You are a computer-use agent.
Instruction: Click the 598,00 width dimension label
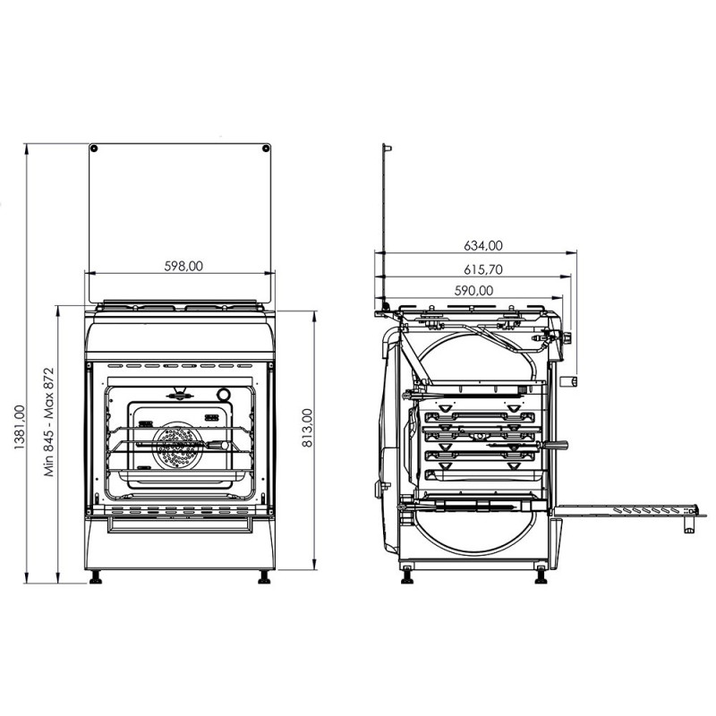tap(183, 266)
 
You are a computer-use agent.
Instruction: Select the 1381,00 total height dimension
tap(20, 428)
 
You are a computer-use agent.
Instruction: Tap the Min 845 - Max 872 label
tap(49, 422)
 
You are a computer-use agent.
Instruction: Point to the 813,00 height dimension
tap(308, 428)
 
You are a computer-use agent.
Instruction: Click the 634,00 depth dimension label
tap(483, 245)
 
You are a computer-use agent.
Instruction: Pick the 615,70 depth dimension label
tap(483, 270)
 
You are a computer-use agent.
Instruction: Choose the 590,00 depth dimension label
tap(474, 290)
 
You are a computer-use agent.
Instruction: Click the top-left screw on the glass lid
tap(93, 149)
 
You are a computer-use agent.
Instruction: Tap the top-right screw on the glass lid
tap(266, 149)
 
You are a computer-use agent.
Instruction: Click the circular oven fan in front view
tap(178, 445)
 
